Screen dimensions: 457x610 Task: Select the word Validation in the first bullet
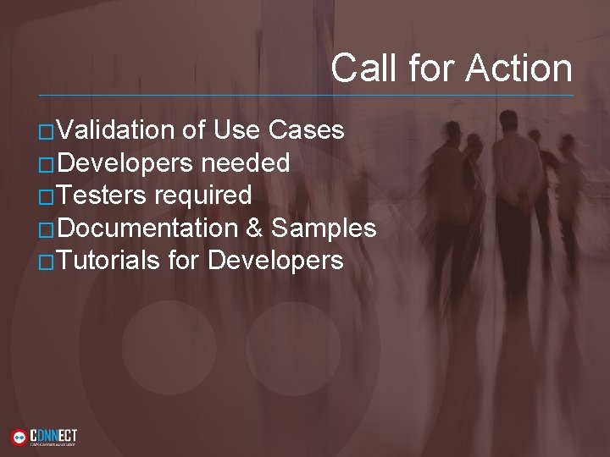tap(115, 130)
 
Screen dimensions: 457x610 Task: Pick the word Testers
tap(101, 195)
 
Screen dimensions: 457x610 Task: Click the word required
tap(202, 195)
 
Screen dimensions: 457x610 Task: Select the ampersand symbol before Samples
tap(254, 228)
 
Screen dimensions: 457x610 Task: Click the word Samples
tap(324, 228)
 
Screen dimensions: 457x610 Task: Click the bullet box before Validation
tap(47, 132)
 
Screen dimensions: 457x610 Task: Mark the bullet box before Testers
tap(47, 197)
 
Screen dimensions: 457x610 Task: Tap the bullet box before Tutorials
tap(47, 262)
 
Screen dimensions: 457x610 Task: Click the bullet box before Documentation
tap(47, 229)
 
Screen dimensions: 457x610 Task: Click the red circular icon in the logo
tap(19, 437)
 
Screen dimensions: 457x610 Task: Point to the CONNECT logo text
tap(53, 433)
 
